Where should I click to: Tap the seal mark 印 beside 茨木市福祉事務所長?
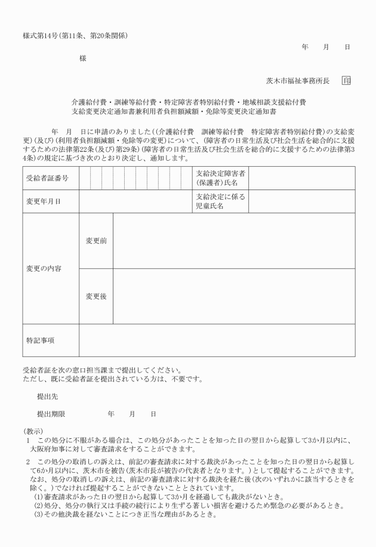[346, 81]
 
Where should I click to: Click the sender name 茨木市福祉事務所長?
[298, 81]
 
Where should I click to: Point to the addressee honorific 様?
[82, 59]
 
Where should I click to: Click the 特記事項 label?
[40, 340]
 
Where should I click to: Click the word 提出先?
[48, 396]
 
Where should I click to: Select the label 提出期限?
[51, 413]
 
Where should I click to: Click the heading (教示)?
[33, 430]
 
